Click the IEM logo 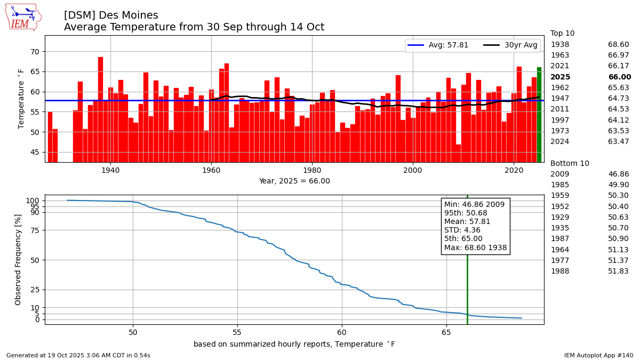tap(23, 17)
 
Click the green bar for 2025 tap(539, 115)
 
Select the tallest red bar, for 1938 tap(100, 109)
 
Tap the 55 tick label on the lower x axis tap(237, 332)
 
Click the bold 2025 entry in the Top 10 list tap(561, 77)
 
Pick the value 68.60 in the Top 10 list tap(618, 44)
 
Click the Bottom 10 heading tap(570, 163)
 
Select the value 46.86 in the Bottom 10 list tap(618, 174)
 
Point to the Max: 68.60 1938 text tap(475, 247)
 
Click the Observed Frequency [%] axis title tap(18, 260)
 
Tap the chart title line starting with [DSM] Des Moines tap(111, 15)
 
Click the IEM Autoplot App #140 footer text tap(598, 355)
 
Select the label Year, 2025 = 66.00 tap(294, 181)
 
